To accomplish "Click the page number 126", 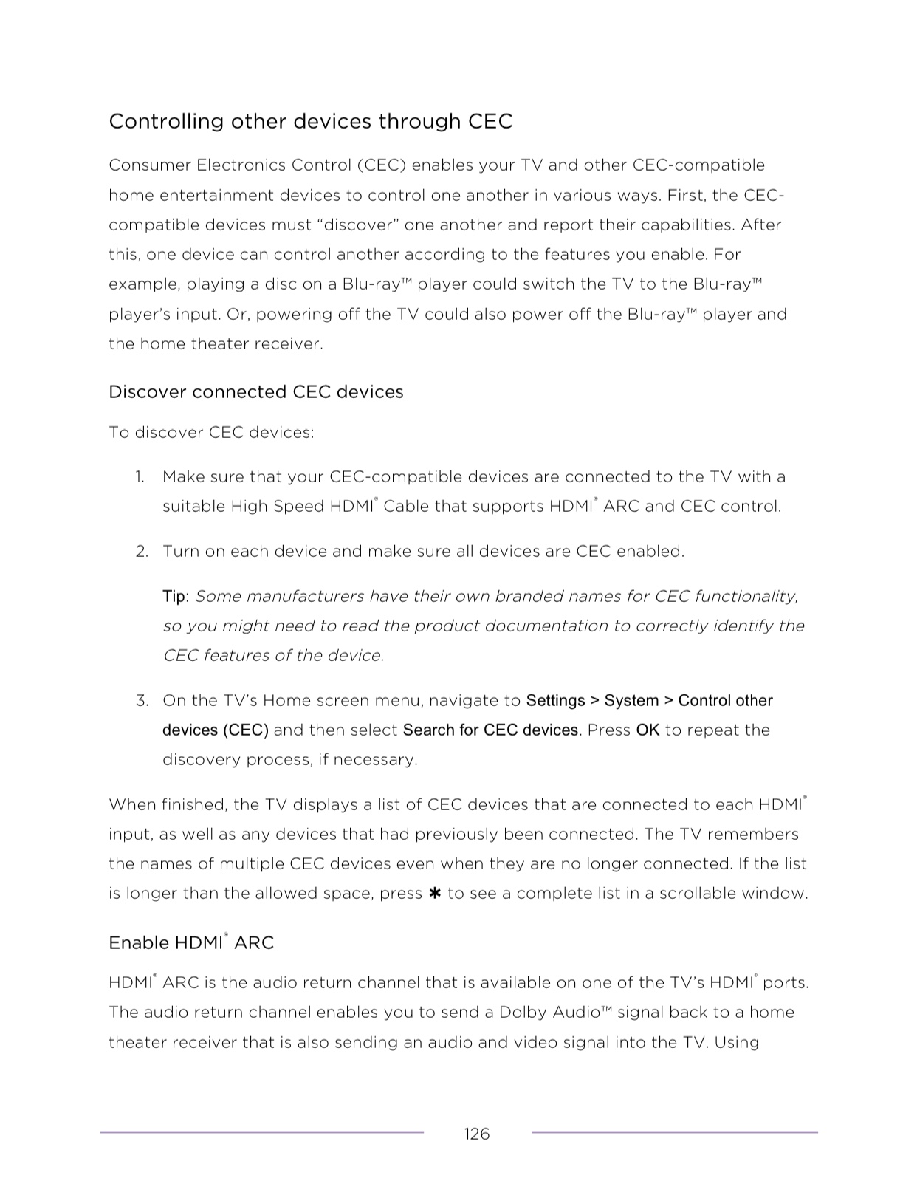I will [x=476, y=1134].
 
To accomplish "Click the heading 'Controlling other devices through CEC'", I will [x=310, y=121].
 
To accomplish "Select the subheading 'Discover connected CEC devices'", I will [x=255, y=391].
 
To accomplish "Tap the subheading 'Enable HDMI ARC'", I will [x=190, y=942].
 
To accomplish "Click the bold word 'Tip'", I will [x=174, y=596].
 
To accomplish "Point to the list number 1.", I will [x=140, y=476].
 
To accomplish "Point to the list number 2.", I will [x=141, y=551].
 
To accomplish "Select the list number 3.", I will [x=142, y=700].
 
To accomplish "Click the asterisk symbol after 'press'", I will [x=435, y=894].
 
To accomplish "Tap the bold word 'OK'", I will [x=648, y=730].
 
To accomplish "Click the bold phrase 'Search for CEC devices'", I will [x=490, y=730].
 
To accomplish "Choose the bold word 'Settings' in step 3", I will [x=555, y=700].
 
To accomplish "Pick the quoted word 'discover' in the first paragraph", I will [x=357, y=225].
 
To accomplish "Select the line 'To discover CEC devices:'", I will [x=211, y=432].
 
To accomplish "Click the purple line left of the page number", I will [x=262, y=1132].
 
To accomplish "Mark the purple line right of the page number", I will [x=674, y=1132].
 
